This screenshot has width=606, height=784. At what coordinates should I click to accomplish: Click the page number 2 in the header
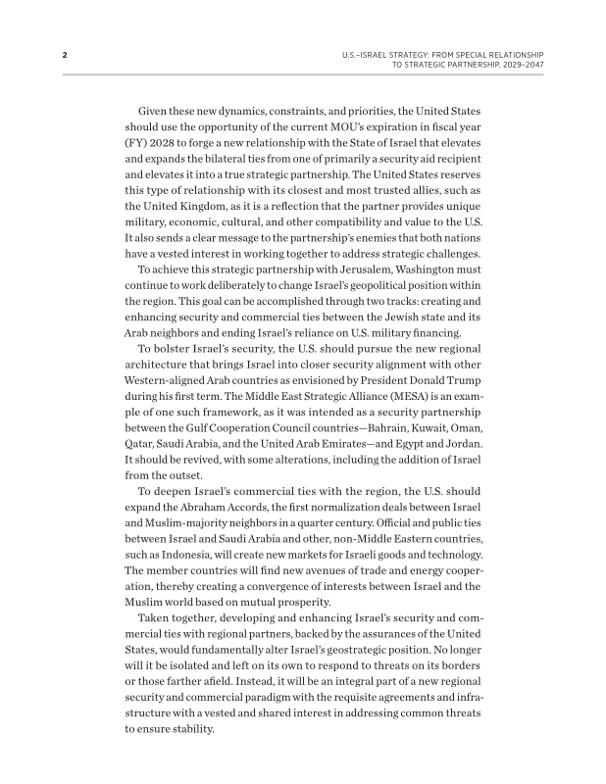64,54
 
